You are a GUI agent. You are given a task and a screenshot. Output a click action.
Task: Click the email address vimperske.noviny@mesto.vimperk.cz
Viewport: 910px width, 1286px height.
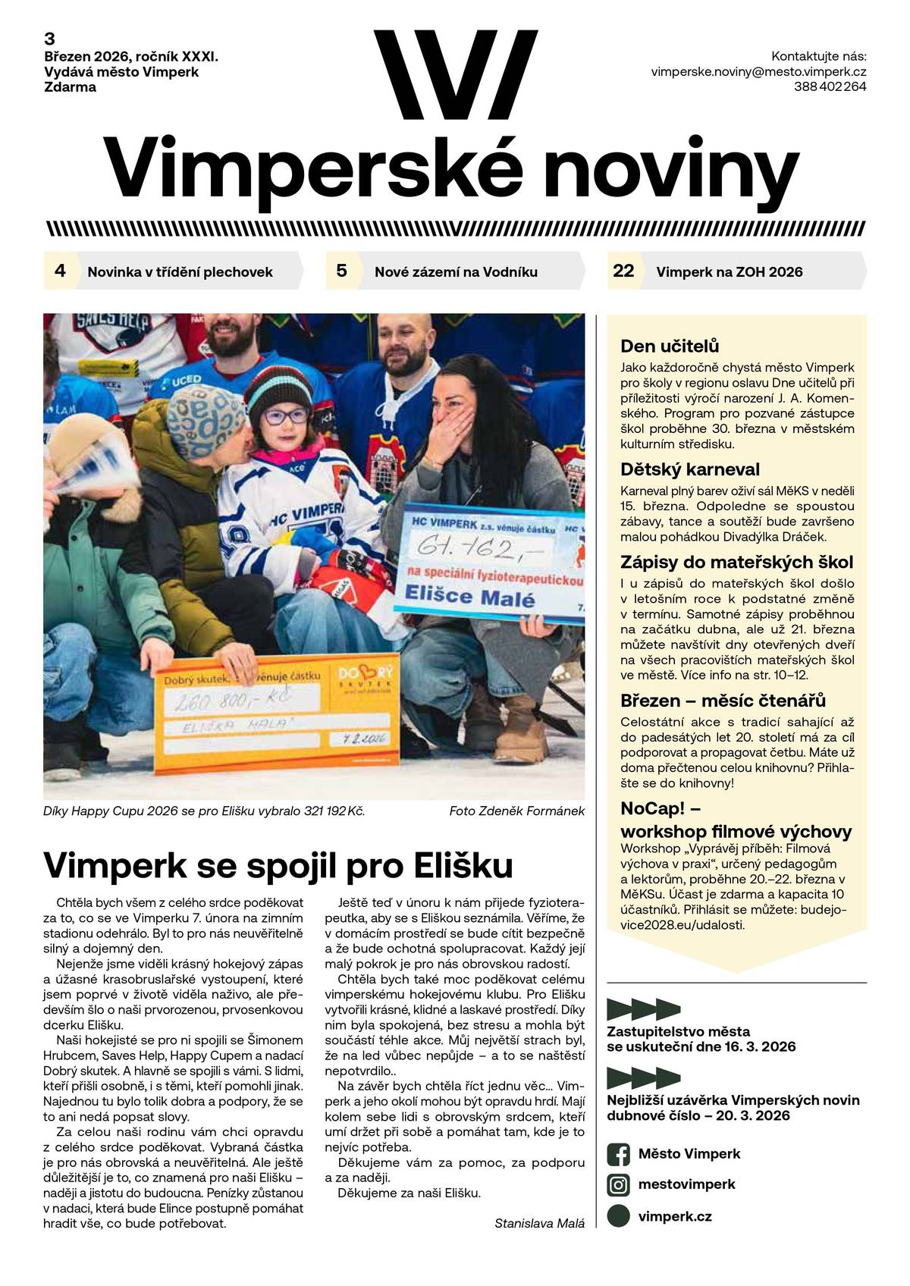point(758,71)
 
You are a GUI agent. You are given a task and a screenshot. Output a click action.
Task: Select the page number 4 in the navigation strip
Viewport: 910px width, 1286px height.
point(61,271)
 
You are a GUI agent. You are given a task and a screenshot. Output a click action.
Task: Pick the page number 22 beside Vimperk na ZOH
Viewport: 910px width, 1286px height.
point(623,271)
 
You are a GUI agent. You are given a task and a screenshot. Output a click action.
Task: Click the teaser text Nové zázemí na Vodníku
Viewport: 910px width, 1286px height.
point(456,271)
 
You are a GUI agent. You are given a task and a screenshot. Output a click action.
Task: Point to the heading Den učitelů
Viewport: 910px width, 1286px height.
point(670,347)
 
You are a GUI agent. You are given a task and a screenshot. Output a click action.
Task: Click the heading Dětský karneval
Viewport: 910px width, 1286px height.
point(689,469)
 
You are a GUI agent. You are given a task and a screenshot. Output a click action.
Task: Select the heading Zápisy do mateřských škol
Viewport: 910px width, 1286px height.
point(736,562)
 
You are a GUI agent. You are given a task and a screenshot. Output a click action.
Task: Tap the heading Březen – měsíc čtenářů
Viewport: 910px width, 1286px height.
point(723,700)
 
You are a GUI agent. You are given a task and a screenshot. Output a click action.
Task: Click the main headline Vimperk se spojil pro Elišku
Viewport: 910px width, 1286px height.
point(278,864)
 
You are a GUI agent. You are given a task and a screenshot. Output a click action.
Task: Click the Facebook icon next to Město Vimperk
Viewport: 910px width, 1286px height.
point(619,1154)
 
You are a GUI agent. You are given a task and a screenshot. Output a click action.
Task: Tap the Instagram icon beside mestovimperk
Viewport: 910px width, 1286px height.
point(619,1184)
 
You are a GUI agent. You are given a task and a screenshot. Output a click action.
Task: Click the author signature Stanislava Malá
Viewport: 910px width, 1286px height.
point(539,1223)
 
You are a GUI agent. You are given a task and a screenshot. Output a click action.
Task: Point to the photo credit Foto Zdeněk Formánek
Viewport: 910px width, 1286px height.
point(516,811)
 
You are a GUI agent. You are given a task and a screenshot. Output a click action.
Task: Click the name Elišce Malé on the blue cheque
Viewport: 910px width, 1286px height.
point(470,596)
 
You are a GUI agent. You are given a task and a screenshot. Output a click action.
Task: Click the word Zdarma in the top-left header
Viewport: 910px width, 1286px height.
point(71,86)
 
